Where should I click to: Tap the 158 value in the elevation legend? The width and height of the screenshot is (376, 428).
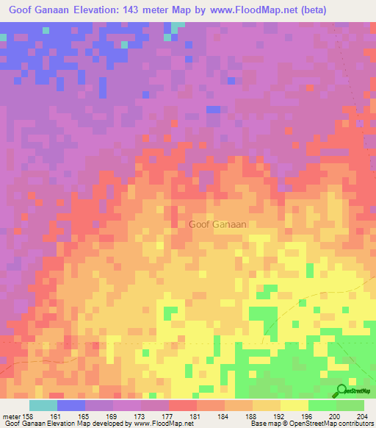[28, 417]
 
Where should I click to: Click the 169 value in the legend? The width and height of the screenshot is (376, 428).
[111, 417]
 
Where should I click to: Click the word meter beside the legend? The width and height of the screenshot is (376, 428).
[10, 417]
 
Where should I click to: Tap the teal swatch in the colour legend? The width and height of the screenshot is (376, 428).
[43, 405]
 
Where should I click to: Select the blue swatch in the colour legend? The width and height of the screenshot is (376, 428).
[71, 405]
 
